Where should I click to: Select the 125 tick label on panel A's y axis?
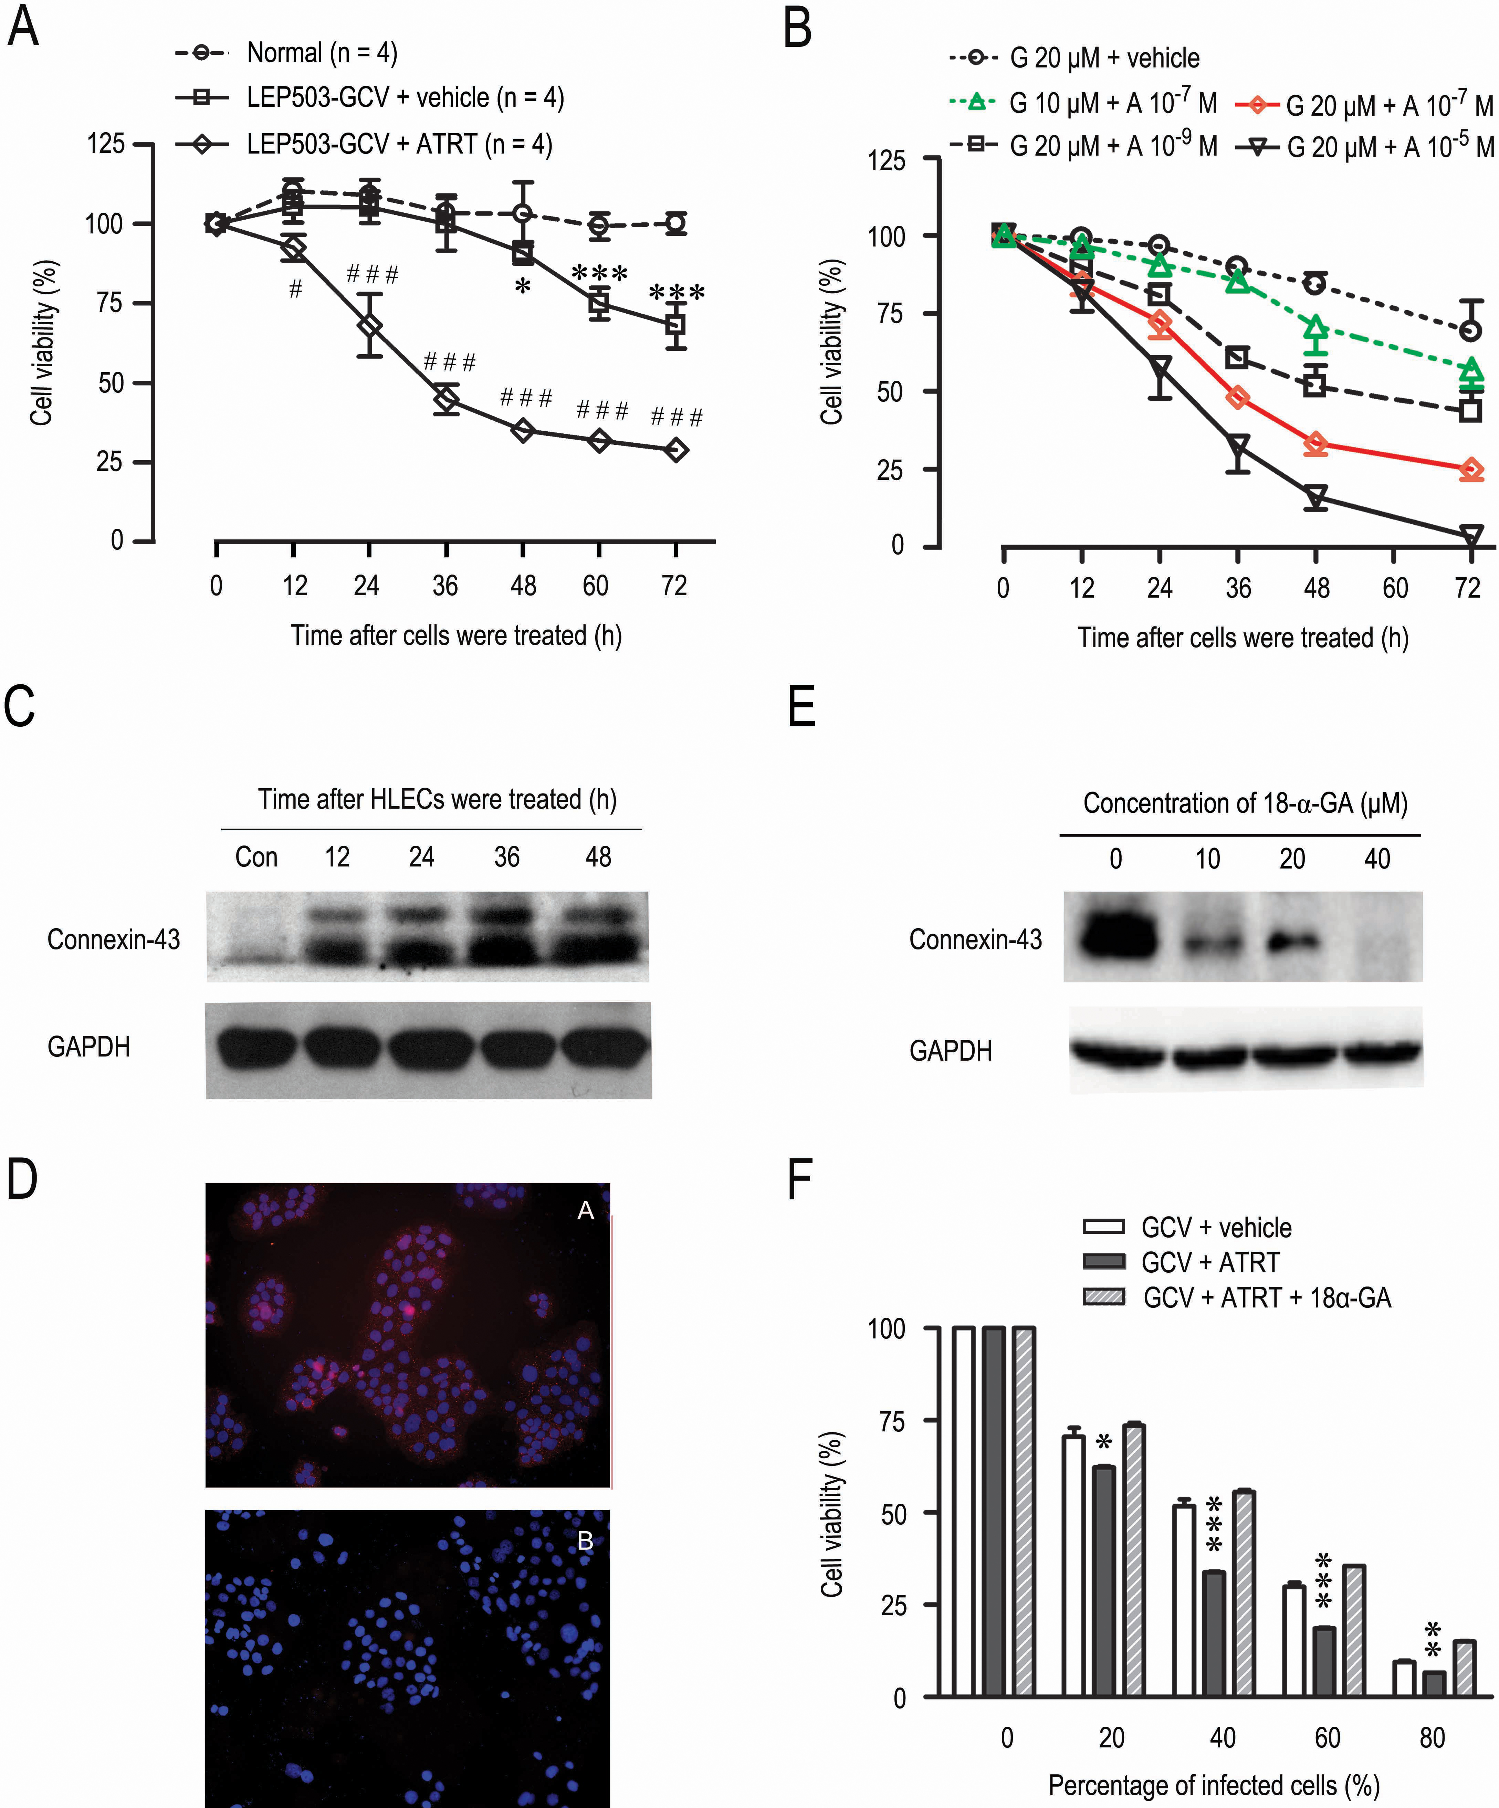(x=106, y=144)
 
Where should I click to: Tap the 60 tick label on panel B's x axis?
(x=1395, y=589)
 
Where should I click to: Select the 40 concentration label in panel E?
(x=1377, y=859)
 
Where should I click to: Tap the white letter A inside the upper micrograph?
(x=586, y=1210)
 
